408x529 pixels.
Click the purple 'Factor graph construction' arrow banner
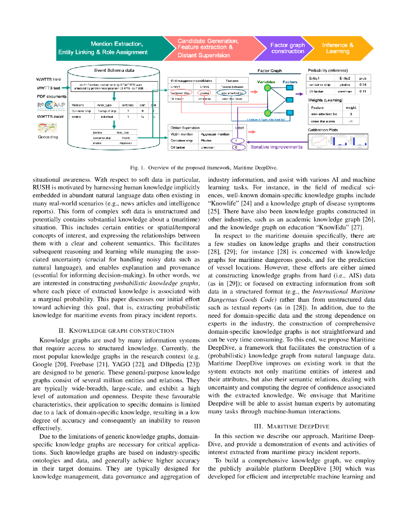[x=287, y=48]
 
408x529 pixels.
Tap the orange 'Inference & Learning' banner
[x=338, y=48]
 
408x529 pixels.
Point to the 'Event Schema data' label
[x=115, y=70]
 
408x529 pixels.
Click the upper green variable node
[x=267, y=88]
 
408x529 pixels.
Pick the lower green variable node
[x=267, y=113]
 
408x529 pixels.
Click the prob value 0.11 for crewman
[x=362, y=91]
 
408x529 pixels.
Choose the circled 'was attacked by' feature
[x=234, y=93]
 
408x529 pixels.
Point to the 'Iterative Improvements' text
[x=276, y=147]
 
